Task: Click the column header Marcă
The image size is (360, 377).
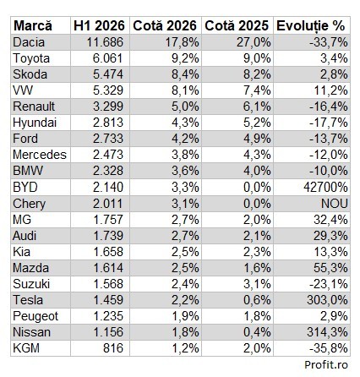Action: coord(33,25)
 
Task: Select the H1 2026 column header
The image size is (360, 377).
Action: coord(99,25)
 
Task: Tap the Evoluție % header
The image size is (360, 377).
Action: coord(311,26)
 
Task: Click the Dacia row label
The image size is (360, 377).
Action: coord(29,42)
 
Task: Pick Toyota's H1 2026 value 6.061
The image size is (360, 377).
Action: coord(108,58)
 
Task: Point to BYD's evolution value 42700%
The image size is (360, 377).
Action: coord(326,187)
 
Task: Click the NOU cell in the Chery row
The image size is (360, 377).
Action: coord(335,204)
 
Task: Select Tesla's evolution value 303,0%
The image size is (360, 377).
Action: coord(327,300)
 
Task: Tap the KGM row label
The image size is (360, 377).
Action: coord(26,348)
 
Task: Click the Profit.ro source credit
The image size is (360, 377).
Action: coord(326,364)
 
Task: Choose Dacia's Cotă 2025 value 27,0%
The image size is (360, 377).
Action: coord(254,42)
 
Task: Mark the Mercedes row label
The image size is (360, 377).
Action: coord(40,155)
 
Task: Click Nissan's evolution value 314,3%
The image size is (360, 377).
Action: coord(327,332)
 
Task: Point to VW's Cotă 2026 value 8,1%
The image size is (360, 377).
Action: coord(185,90)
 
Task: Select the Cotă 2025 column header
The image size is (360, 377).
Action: coord(237,25)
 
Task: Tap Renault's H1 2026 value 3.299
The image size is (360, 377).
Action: coord(108,107)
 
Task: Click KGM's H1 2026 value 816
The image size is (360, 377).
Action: coord(113,348)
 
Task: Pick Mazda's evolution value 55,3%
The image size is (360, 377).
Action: coord(330,268)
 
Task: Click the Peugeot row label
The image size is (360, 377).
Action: coord(35,316)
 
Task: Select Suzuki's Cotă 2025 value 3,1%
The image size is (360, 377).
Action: coord(257,284)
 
